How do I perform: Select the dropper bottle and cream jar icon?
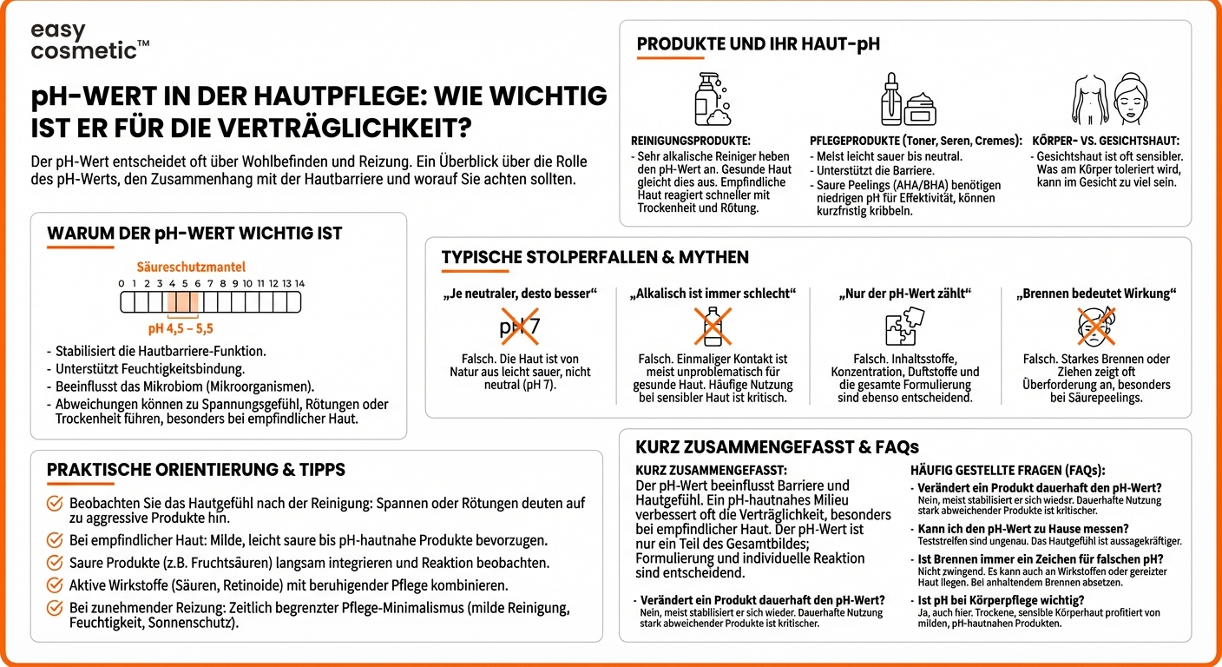click(905, 100)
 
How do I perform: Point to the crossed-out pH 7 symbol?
click(519, 327)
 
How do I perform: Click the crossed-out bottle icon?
click(712, 327)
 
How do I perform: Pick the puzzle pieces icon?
click(904, 327)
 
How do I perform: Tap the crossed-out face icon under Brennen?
click(1096, 327)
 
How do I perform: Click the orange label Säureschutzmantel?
click(191, 267)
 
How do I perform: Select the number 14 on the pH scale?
click(299, 284)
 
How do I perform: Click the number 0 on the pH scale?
click(122, 284)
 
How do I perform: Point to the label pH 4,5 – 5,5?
click(180, 329)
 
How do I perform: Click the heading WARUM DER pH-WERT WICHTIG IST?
click(194, 234)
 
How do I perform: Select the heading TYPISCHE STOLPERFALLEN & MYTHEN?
click(595, 257)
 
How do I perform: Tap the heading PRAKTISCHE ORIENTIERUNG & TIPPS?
click(196, 470)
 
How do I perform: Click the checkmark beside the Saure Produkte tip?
click(55, 563)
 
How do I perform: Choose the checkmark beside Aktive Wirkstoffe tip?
click(55, 585)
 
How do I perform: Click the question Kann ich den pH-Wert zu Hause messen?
click(1022, 529)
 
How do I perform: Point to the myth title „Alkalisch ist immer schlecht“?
click(712, 294)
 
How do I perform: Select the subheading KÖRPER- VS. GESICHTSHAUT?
click(1106, 141)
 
